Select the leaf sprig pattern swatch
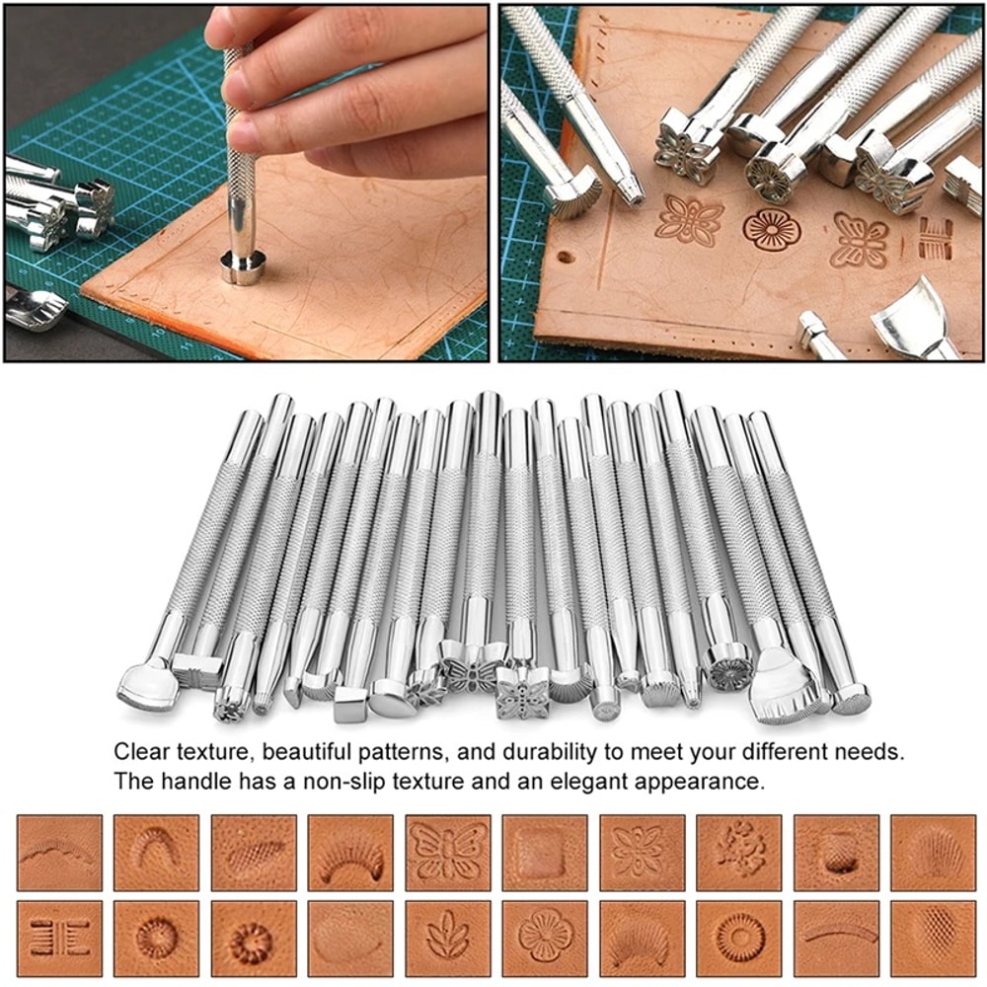447,937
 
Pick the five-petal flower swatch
544,937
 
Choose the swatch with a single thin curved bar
836,937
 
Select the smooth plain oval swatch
350,937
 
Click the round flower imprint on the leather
771,229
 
